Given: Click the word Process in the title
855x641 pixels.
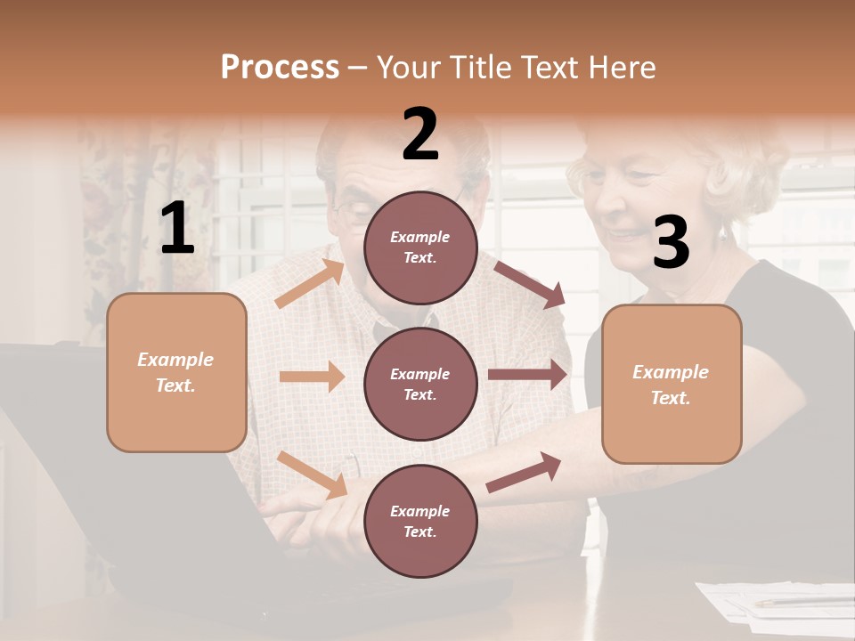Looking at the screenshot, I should click(x=280, y=67).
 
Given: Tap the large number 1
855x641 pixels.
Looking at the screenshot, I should click(x=177, y=229).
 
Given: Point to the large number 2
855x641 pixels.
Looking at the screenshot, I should click(x=420, y=134).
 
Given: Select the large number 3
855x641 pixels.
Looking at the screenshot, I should click(x=671, y=243).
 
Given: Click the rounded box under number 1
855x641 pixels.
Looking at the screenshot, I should click(x=176, y=372).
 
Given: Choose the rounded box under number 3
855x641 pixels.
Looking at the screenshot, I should click(x=671, y=385).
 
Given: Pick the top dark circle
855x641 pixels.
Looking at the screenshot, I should click(x=420, y=247).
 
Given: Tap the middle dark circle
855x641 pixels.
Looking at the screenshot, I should click(x=420, y=384).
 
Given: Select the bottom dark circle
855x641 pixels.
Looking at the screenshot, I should click(x=420, y=521).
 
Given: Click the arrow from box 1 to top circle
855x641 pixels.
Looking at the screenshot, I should click(x=310, y=284).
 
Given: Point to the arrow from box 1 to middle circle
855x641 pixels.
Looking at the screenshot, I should click(x=312, y=377).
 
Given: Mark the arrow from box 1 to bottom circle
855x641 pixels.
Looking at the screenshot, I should click(x=312, y=474).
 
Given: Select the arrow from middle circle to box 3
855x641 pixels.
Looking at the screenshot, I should click(x=527, y=374).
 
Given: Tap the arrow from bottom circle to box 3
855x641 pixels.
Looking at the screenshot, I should click(x=524, y=473).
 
